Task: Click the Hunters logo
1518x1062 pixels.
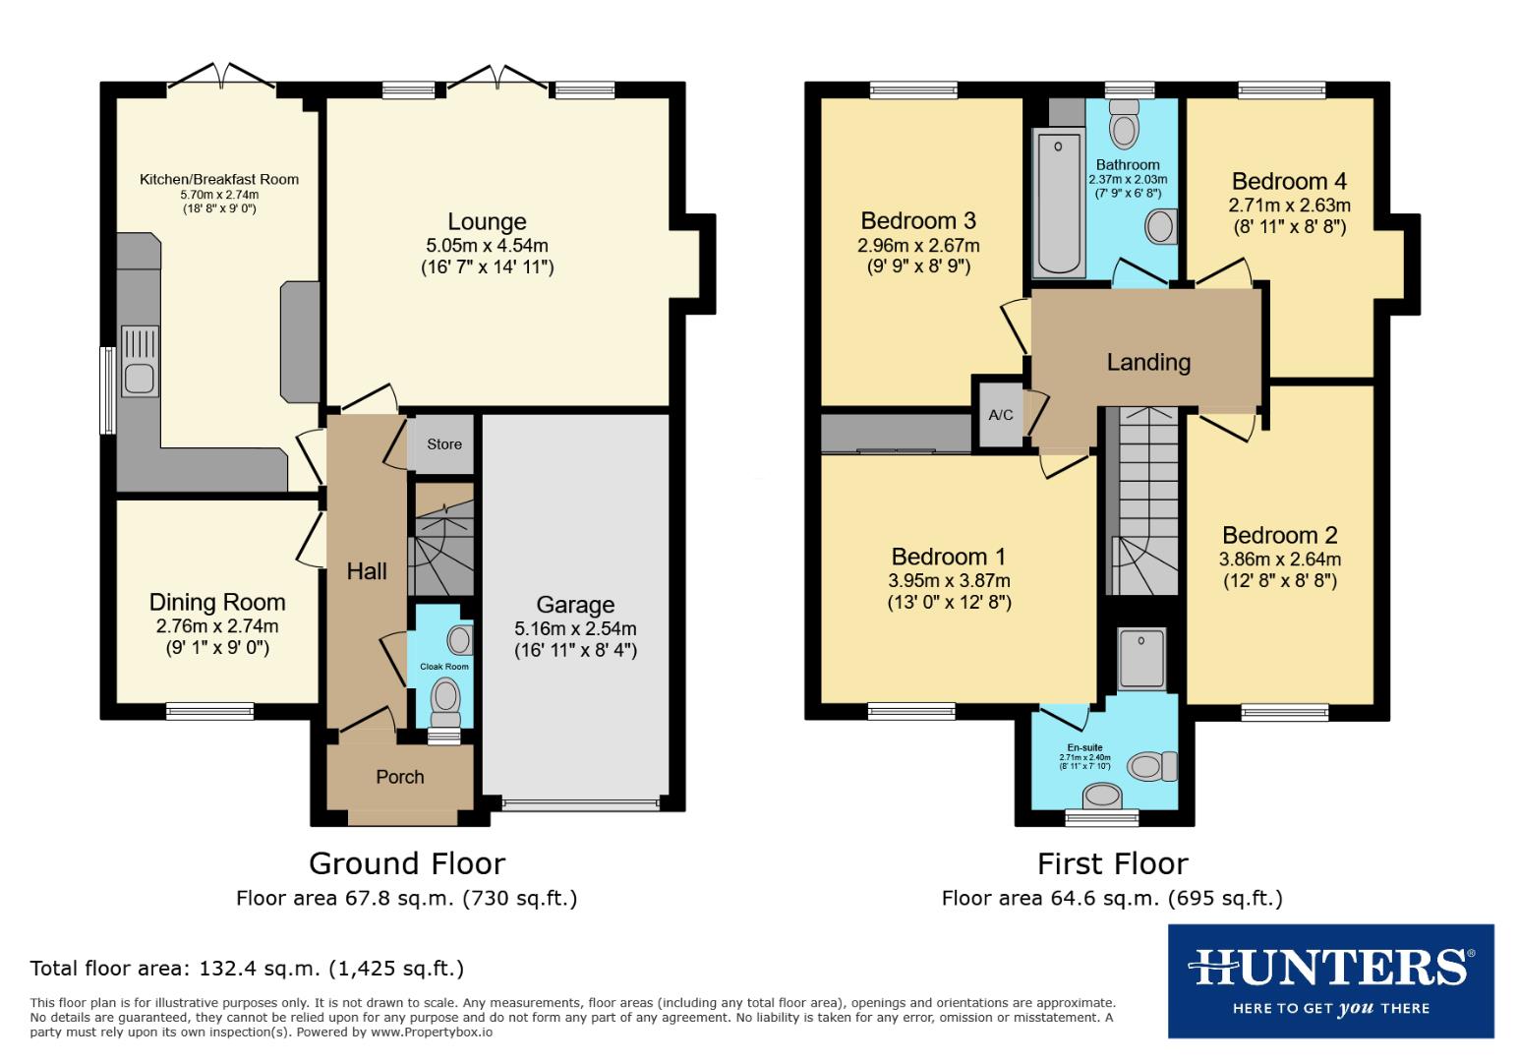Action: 1330,980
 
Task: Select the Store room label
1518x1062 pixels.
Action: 444,444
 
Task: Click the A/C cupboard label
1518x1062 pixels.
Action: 1000,415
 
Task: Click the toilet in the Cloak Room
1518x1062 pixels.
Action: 446,699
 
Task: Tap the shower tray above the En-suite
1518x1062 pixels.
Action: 1141,658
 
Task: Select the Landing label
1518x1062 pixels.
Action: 1148,362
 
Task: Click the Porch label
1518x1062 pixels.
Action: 400,777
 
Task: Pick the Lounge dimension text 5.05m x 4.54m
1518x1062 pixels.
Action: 487,245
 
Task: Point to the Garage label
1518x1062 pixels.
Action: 575,605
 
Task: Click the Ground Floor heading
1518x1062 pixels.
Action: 407,863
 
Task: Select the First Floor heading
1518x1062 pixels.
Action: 1112,863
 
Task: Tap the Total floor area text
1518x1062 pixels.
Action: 247,969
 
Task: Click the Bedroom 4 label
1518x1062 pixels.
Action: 1289,181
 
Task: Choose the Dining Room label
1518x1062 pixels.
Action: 217,602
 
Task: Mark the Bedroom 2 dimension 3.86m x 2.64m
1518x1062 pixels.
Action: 1279,559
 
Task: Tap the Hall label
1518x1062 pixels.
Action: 367,571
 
